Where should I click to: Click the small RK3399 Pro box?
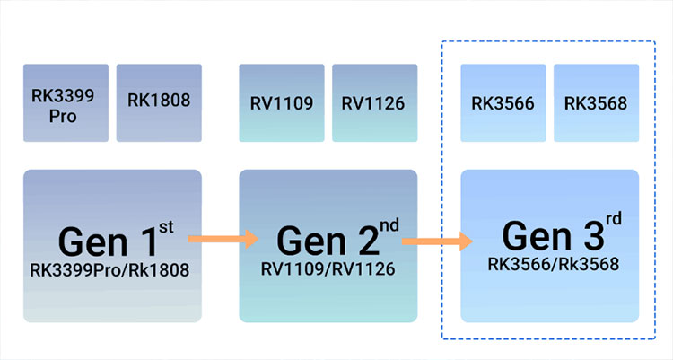[66, 103]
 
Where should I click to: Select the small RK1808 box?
[159, 103]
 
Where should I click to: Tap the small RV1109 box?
[282, 103]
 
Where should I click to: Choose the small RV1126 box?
[373, 103]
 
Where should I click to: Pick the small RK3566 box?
[503, 103]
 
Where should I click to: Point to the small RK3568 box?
[596, 103]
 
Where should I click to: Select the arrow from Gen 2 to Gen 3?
[437, 241]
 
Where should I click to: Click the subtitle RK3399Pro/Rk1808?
[112, 269]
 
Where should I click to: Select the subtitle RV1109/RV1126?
[327, 269]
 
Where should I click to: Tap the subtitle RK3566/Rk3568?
[549, 264]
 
